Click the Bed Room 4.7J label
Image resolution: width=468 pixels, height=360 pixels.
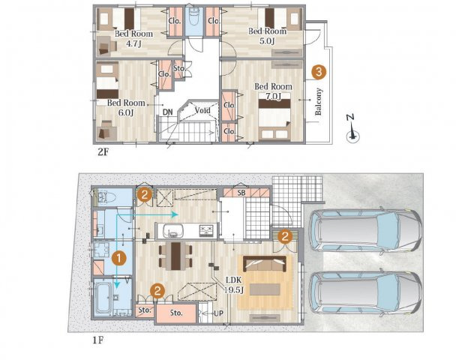click(x=133, y=38)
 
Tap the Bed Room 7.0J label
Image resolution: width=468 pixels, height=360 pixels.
click(x=273, y=91)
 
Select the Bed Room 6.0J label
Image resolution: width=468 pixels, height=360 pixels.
click(x=126, y=108)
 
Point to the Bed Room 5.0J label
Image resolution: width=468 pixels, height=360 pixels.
click(x=267, y=36)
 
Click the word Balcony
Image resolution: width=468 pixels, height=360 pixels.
click(x=319, y=101)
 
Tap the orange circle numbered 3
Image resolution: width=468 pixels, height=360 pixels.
click(x=319, y=72)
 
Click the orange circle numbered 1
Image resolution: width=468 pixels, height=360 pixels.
click(x=118, y=258)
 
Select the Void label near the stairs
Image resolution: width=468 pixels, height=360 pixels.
click(x=202, y=110)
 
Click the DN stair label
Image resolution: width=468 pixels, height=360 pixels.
click(x=168, y=112)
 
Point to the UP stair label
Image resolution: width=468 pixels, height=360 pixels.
click(x=218, y=313)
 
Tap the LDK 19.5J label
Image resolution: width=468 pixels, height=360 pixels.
click(x=235, y=285)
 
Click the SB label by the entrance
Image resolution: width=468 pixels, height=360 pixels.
click(x=241, y=193)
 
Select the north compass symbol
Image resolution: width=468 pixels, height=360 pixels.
click(x=352, y=130)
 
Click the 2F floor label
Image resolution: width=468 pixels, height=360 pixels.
click(x=103, y=152)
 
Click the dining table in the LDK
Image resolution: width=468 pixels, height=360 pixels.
click(x=175, y=256)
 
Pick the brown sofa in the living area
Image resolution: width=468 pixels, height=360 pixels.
click(x=265, y=263)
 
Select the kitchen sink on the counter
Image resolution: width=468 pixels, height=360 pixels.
click(x=172, y=230)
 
